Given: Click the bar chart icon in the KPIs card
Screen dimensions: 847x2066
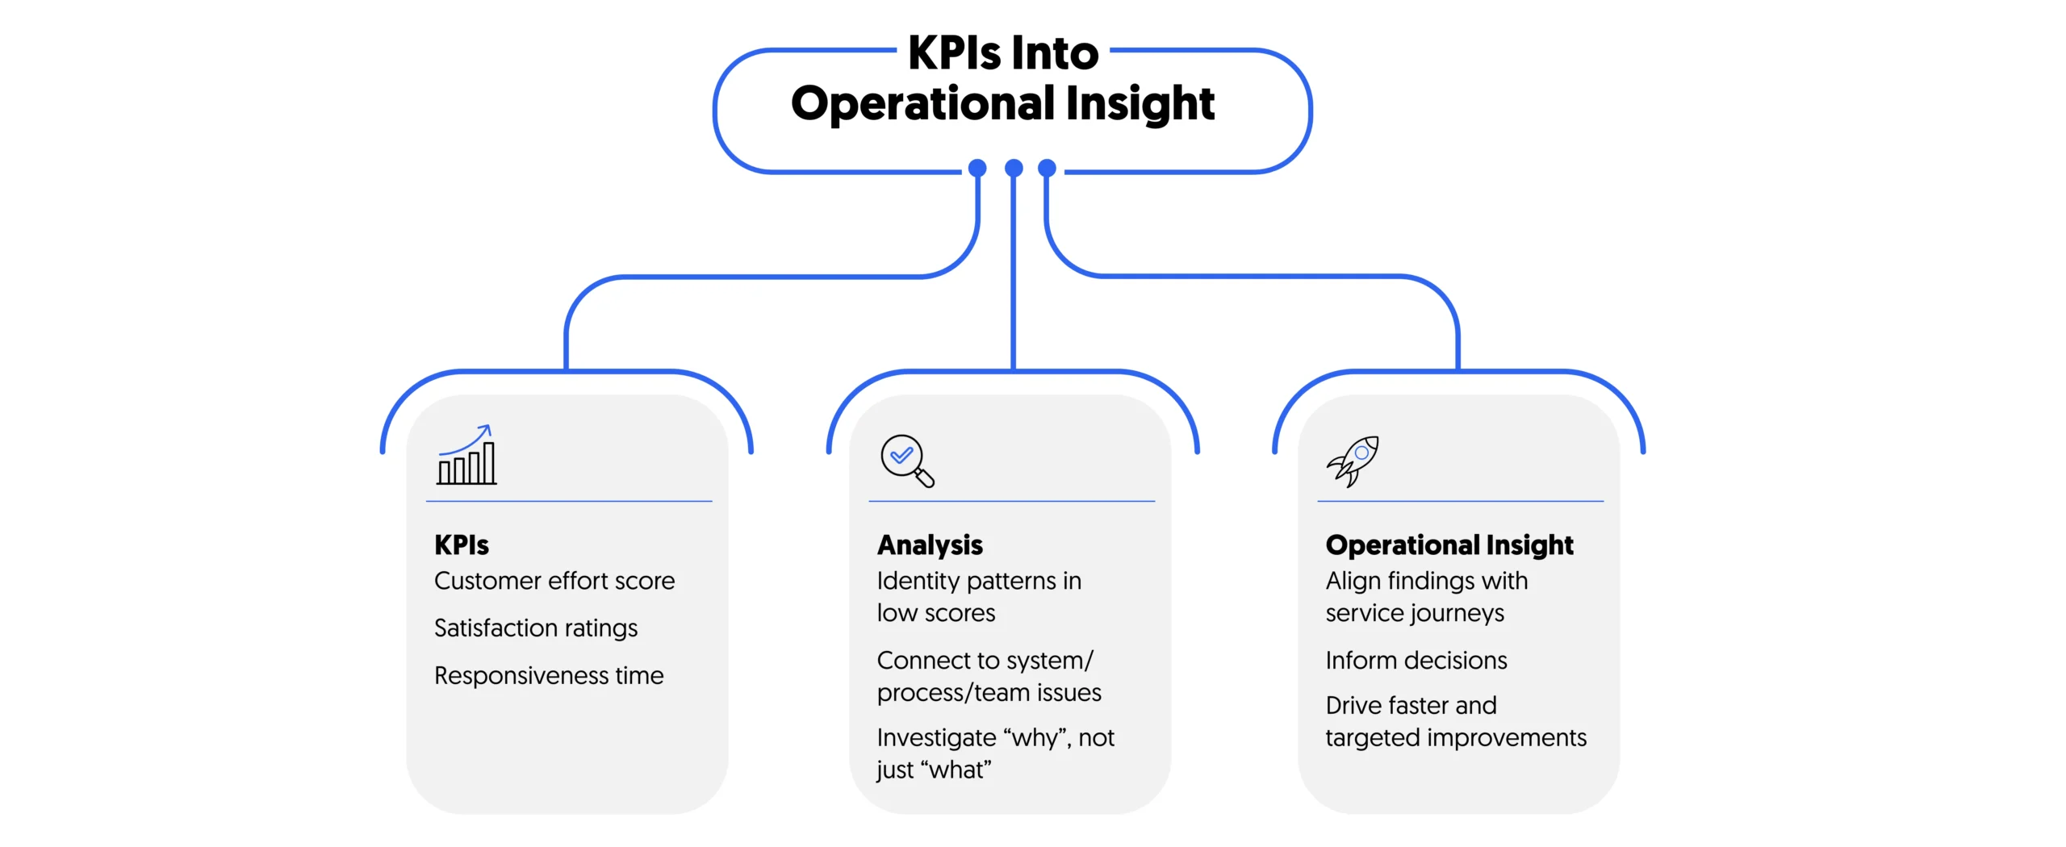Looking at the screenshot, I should click(x=466, y=457).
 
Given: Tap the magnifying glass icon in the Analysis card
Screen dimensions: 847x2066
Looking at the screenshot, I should click(x=906, y=461).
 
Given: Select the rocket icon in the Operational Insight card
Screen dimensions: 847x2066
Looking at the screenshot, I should click(x=1353, y=461).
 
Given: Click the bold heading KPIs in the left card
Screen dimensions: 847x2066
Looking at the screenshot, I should click(x=461, y=545).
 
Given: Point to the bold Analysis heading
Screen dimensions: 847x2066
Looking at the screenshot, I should click(x=930, y=545).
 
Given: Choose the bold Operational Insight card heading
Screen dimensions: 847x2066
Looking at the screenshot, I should click(x=1449, y=545).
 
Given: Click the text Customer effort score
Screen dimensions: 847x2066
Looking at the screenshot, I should click(x=554, y=581).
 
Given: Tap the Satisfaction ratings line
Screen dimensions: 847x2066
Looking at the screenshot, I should click(x=535, y=628).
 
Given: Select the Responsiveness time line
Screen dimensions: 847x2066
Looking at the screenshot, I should click(x=548, y=675).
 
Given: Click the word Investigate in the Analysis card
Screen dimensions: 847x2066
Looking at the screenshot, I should click(x=936, y=737).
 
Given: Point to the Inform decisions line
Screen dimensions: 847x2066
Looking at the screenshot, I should click(x=1416, y=660).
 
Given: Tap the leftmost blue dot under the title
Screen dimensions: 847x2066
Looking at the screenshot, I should click(x=977, y=168).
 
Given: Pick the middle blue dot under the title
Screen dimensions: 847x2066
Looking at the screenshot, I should click(x=1014, y=168).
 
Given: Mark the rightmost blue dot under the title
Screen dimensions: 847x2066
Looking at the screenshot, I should click(x=1047, y=168).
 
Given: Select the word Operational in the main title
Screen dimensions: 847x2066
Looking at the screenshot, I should click(x=922, y=104).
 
